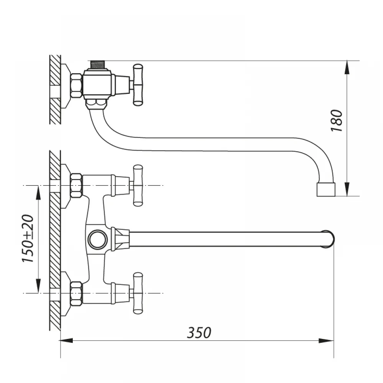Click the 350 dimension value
point(199,332)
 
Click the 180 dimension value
point(337,121)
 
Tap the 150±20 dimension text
point(28,239)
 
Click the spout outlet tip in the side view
point(326,189)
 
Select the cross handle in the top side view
point(138,85)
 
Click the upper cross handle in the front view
point(138,185)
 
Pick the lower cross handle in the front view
point(138,293)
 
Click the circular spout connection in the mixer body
point(97,239)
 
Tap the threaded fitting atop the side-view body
point(97,64)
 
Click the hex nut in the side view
point(76,86)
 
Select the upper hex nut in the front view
point(76,186)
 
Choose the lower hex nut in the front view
point(76,294)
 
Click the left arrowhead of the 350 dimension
point(66,340)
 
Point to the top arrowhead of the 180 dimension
point(347,67)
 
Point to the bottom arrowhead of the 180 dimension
point(347,189)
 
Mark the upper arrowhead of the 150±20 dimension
point(38,193)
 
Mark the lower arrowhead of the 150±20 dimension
point(38,286)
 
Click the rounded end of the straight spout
point(328,239)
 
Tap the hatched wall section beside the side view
point(55,90)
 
